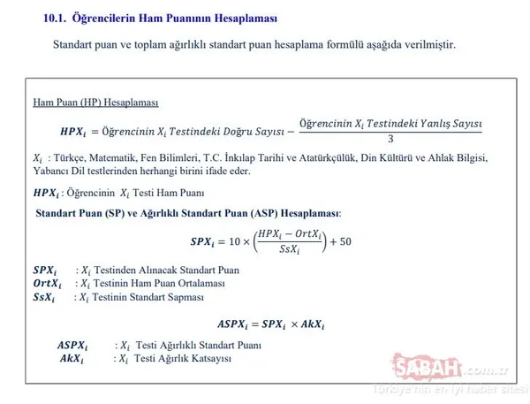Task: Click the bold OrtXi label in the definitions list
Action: [x=47, y=283]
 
